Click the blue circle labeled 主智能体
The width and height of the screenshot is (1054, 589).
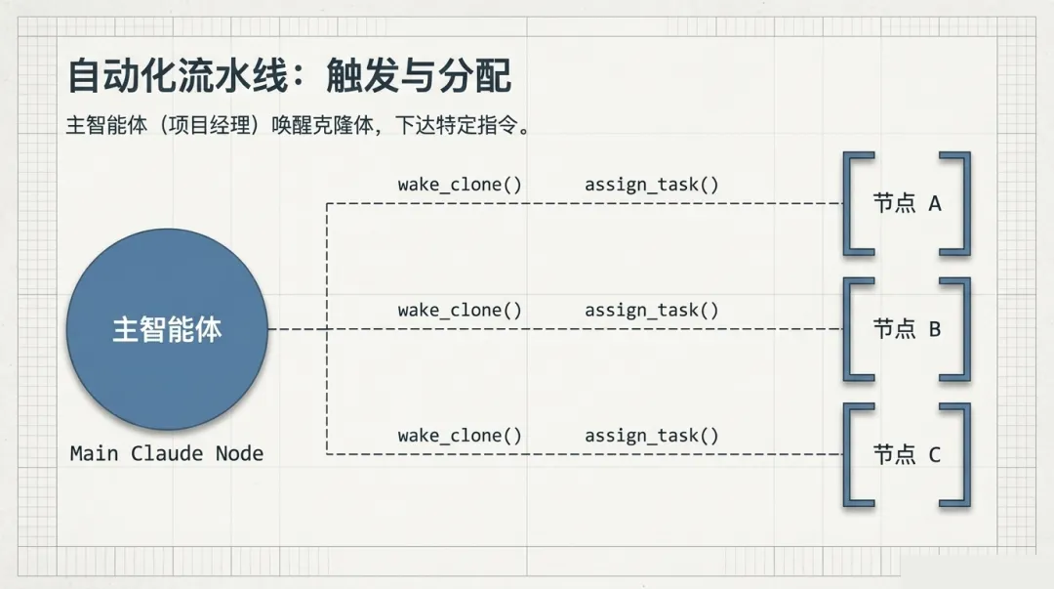167,329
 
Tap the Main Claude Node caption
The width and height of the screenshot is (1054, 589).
167,453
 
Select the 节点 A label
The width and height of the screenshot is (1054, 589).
907,203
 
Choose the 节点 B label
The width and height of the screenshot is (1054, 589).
907,329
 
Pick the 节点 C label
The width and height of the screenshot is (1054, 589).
907,454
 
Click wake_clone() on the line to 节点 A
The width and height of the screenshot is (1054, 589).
460,185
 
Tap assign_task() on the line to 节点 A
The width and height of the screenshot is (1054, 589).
652,185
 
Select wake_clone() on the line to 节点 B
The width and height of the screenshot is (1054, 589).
460,311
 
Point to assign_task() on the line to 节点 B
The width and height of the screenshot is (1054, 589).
652,311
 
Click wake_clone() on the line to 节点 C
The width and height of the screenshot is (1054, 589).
460,436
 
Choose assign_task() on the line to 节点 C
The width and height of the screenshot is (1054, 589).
652,436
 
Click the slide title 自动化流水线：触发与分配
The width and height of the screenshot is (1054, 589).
290,76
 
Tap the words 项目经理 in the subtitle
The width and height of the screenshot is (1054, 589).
214,127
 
